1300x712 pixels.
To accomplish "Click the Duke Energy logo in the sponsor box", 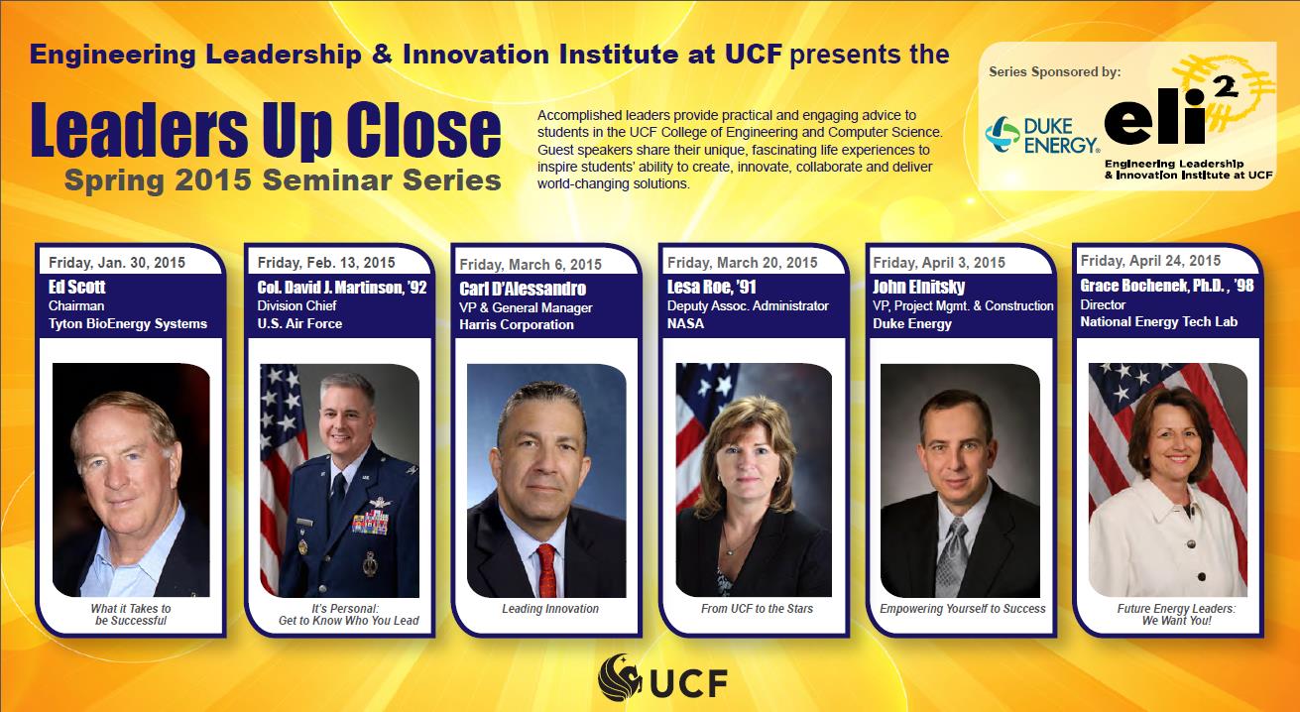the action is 1042,135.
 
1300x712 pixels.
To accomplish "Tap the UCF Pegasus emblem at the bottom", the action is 620,677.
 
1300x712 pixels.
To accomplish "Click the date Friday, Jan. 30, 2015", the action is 117,263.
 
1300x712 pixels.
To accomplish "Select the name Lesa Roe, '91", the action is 712,287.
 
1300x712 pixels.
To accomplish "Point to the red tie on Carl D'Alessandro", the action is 546,570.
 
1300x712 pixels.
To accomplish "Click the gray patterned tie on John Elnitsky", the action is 952,557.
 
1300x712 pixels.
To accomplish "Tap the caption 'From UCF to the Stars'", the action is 757,609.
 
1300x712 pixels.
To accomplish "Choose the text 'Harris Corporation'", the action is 517,325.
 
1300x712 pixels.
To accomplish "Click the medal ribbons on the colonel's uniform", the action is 370,523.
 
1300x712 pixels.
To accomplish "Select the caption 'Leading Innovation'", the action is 550,609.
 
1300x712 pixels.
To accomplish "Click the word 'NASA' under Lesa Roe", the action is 685,324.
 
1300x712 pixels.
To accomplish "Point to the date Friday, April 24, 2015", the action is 1150,261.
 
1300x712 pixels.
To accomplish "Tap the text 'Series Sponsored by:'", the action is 1054,72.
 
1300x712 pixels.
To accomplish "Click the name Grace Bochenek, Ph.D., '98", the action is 1167,286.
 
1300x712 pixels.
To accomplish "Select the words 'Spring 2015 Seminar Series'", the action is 283,179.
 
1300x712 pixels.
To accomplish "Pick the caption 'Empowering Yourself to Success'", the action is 963,609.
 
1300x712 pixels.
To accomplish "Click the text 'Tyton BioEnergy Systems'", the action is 128,324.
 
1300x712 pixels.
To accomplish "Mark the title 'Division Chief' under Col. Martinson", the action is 296,305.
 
